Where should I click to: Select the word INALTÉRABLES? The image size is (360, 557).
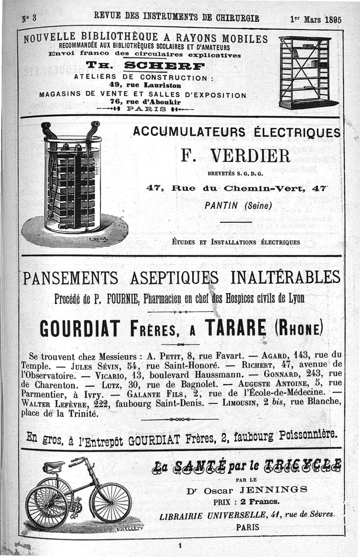pos(285,277)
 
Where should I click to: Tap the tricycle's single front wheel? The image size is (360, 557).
pos(110,502)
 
